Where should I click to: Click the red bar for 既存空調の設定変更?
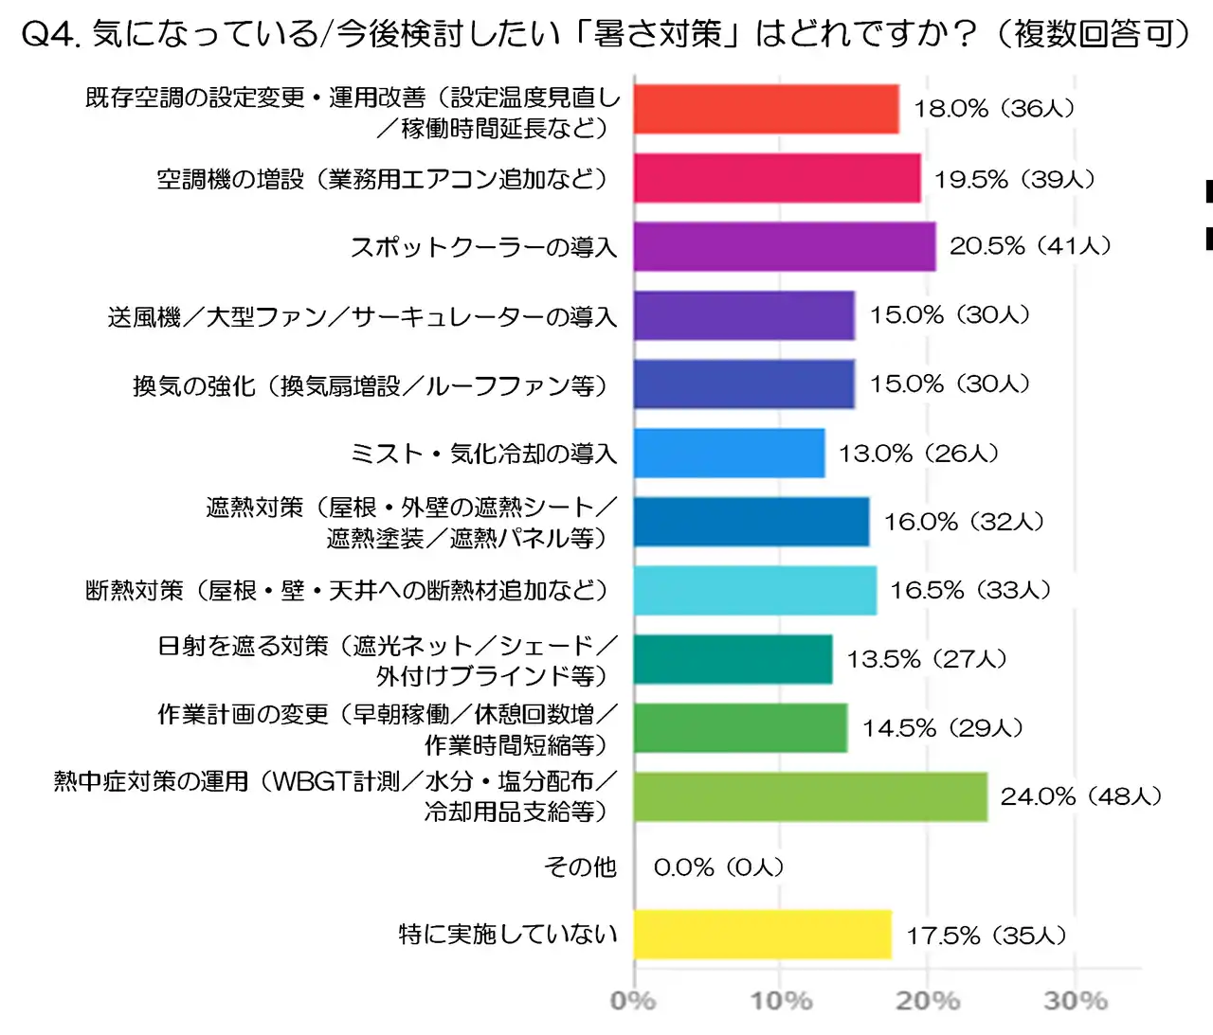click(766, 109)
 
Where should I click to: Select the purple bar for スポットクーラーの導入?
click(785, 246)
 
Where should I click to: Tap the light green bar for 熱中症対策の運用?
click(810, 796)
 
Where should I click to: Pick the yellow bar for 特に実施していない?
click(763, 935)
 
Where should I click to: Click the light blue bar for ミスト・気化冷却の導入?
click(729, 453)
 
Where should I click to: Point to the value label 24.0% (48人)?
click(1080, 796)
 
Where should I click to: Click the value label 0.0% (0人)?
click(718, 866)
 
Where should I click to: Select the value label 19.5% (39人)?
click(1014, 179)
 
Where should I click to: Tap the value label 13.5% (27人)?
click(926, 659)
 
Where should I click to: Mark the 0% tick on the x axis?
click(633, 1000)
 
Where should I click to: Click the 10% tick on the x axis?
click(781, 1000)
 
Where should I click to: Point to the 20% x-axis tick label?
click(928, 1000)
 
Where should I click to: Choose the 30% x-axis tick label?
click(1076, 1000)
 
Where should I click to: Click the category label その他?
click(580, 866)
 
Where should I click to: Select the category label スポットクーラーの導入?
click(483, 247)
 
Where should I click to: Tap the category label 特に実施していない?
click(508, 935)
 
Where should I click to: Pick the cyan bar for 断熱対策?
click(754, 590)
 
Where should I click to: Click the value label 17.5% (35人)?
click(986, 936)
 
